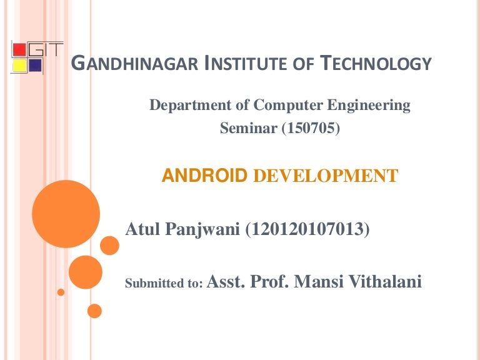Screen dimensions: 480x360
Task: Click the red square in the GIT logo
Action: pyautogui.click(x=19, y=50)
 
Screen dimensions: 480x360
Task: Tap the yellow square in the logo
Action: pyautogui.click(x=19, y=66)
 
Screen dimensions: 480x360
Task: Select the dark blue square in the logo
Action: pyautogui.click(x=36, y=66)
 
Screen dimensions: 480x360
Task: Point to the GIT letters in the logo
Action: pyautogui.click(x=46, y=49)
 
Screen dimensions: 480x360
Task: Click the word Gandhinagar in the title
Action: pyautogui.click(x=134, y=63)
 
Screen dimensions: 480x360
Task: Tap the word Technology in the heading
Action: pyautogui.click(x=376, y=63)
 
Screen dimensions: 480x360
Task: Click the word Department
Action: pyautogui.click(x=190, y=106)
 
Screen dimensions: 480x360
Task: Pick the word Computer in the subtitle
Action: pyautogui.click(x=288, y=106)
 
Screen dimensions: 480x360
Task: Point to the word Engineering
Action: pyautogui.click(x=369, y=106)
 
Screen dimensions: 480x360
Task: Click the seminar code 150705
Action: pyautogui.click(x=311, y=127)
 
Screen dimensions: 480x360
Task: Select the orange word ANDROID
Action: pyautogui.click(x=204, y=176)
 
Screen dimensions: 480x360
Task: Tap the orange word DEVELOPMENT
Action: pyautogui.click(x=326, y=176)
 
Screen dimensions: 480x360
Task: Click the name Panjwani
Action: pyautogui.click(x=202, y=229)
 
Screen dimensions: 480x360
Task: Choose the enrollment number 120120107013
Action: pyautogui.click(x=307, y=229)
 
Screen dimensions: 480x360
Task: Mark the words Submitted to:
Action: pyautogui.click(x=164, y=283)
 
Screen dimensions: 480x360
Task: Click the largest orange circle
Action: pyautogui.click(x=66, y=214)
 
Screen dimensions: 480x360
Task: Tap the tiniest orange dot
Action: pyautogui.click(x=61, y=292)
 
